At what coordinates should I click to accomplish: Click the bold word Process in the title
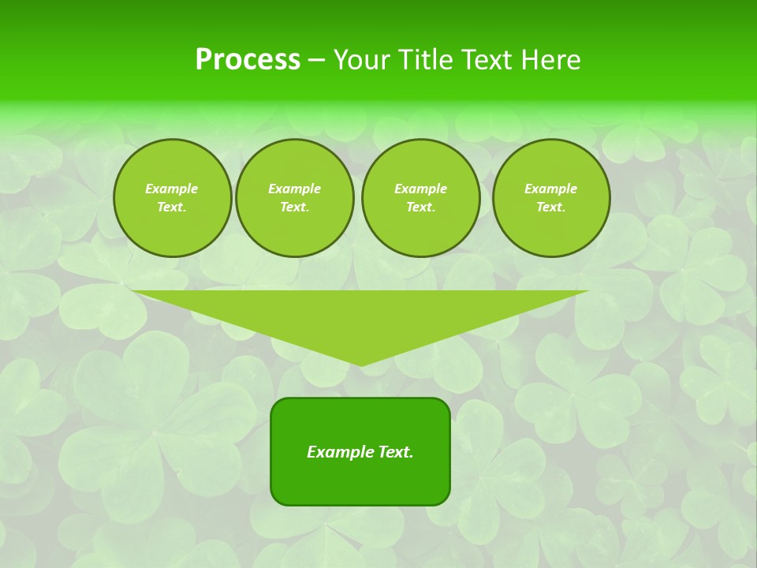[248, 60]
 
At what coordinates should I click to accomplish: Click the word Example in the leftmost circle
[172, 189]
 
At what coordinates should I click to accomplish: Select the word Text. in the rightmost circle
[551, 207]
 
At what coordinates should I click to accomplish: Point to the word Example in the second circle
[295, 189]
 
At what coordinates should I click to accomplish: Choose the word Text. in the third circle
[421, 207]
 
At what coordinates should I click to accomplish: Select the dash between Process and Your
[316, 60]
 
